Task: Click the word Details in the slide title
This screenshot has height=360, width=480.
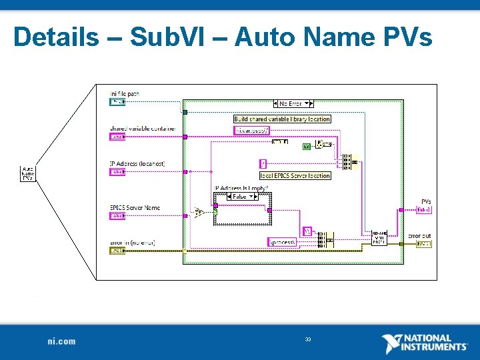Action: pyautogui.click(x=55, y=37)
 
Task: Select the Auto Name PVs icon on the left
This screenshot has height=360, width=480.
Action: pyautogui.click(x=28, y=173)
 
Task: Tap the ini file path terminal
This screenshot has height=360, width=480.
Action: pyautogui.click(x=117, y=102)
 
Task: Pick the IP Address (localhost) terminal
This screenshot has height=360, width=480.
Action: pyautogui.click(x=117, y=171)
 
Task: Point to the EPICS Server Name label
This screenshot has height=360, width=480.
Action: pyautogui.click(x=135, y=208)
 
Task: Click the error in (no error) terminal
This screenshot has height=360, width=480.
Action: pyautogui.click(x=117, y=251)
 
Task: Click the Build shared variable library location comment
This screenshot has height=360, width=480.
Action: pyautogui.click(x=282, y=119)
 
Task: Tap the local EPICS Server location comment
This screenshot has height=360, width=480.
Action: pyautogui.click(x=295, y=175)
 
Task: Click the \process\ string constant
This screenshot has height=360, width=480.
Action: pyautogui.click(x=282, y=242)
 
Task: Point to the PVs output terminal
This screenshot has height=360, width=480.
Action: pyautogui.click(x=423, y=209)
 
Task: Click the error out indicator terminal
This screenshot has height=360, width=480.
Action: pyautogui.click(x=423, y=244)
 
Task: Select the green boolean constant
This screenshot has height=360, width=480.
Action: pyautogui.click(x=307, y=146)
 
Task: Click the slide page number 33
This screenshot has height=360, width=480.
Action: pyautogui.click(x=308, y=340)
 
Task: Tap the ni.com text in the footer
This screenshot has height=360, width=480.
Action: pyautogui.click(x=61, y=341)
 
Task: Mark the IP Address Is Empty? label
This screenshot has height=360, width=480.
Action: pyautogui.click(x=240, y=188)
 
